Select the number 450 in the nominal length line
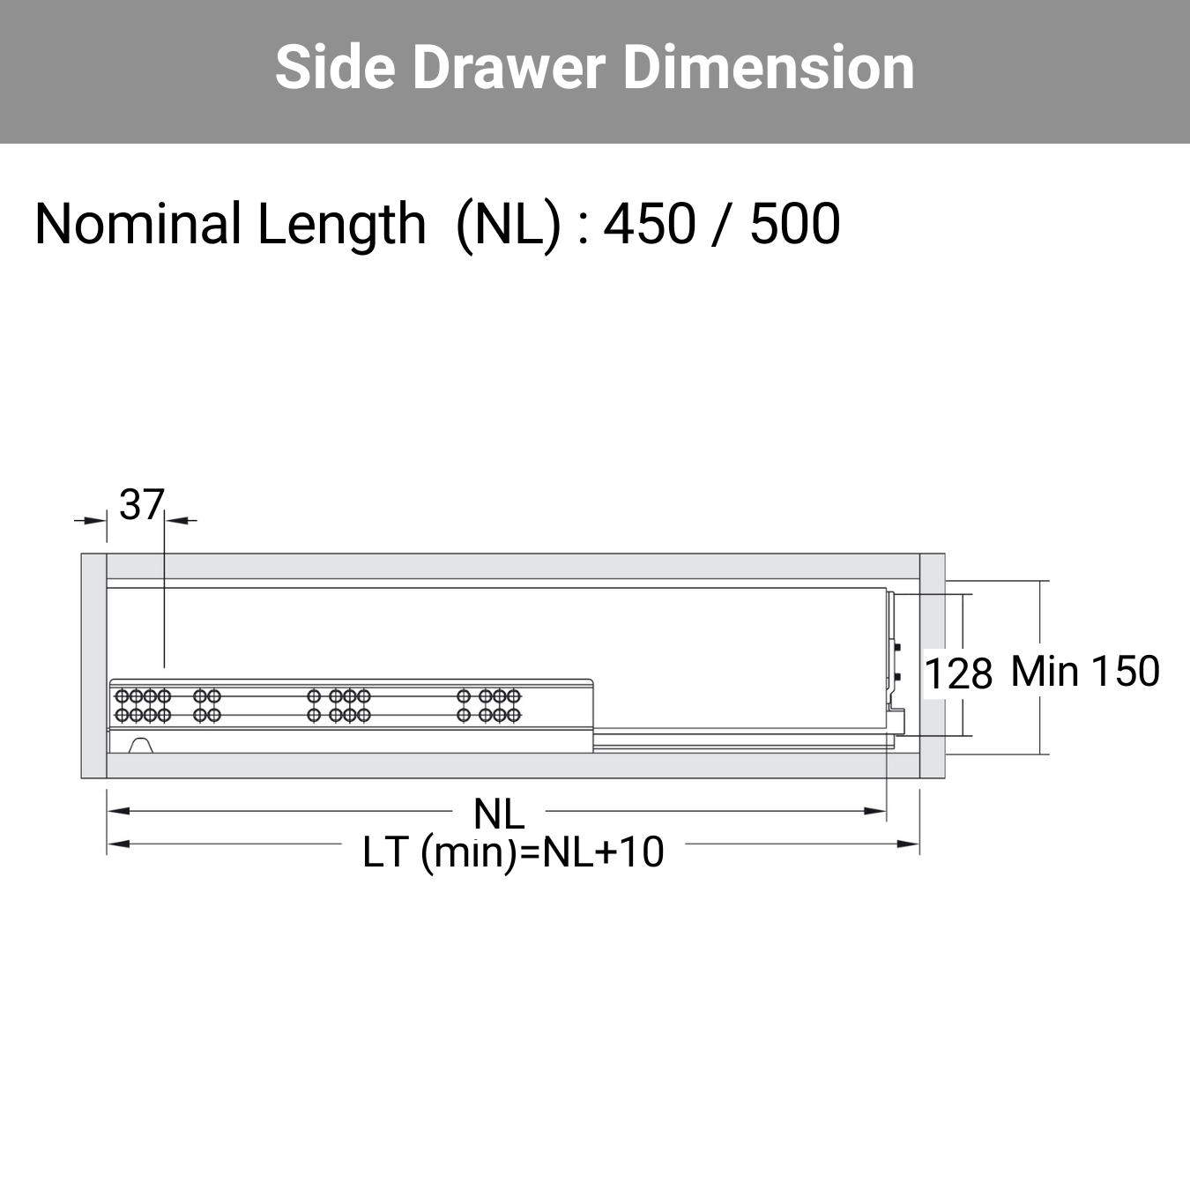pos(649,224)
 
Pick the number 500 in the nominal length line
pos(795,224)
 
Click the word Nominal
pos(138,224)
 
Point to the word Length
pos(341,226)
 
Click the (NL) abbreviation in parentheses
pos(508,226)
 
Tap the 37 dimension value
pos(141,504)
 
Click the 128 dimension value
pos(959,673)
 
